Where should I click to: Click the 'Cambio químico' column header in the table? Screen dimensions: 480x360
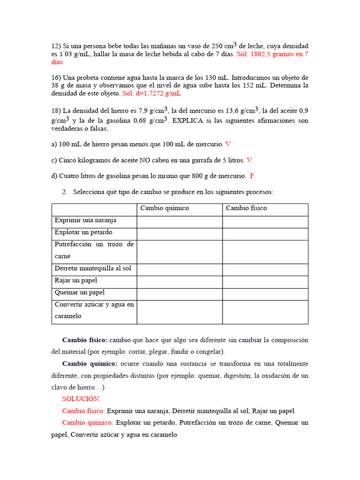pos(165,208)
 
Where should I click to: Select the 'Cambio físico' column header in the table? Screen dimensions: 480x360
pos(246,208)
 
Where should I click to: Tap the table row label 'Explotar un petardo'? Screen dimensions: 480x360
pos(83,232)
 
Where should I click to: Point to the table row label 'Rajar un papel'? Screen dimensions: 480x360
pos(76,280)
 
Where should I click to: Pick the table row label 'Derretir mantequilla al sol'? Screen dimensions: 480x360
pos(93,269)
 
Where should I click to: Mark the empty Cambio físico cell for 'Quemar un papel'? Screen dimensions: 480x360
pos(265,292)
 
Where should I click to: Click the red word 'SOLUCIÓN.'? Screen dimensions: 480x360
pos(81,399)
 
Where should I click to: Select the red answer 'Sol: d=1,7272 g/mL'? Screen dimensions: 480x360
pos(151,93)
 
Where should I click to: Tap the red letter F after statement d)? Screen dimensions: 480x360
pos(252,176)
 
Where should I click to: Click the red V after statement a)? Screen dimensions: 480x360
pos(228,144)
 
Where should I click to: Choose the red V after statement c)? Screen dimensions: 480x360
pos(249,160)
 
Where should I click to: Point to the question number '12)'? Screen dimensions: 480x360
pos(56,46)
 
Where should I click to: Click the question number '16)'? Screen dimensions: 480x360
pos(56,77)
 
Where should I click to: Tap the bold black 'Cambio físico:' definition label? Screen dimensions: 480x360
pos(85,340)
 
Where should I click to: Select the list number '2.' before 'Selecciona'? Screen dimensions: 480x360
pos(65,192)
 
